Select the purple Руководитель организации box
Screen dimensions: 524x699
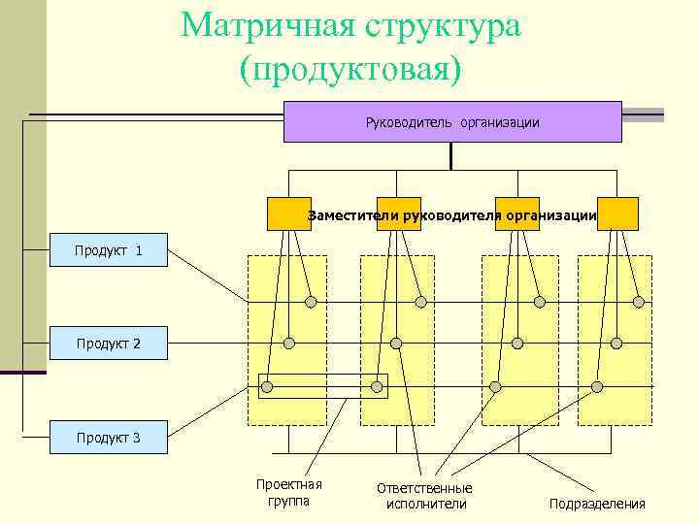point(452,122)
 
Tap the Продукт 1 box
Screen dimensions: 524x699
point(109,251)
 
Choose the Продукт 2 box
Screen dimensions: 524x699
point(109,344)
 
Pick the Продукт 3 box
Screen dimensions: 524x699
point(109,438)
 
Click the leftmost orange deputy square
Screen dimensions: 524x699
point(289,213)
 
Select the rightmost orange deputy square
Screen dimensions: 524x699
point(617,213)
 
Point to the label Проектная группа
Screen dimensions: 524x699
point(288,493)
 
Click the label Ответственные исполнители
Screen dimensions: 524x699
point(424,496)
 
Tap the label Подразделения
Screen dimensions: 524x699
point(597,504)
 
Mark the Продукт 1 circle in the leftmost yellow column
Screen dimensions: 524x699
point(311,302)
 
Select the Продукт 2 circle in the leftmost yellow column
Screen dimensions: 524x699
point(288,343)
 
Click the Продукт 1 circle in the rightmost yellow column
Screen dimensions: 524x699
point(639,302)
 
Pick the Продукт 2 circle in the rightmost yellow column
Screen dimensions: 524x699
point(616,343)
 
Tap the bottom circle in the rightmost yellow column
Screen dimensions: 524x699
point(597,387)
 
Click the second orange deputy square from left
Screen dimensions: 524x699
point(398,213)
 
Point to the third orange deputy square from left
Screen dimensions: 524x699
point(516,213)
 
